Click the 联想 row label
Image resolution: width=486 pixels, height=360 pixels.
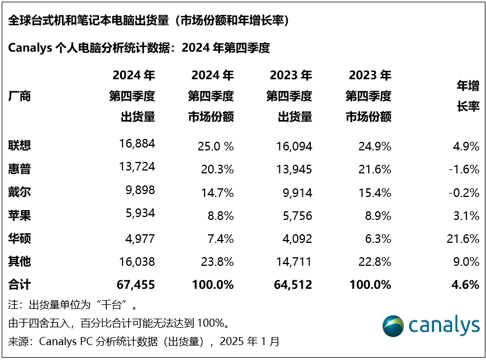click(x=20, y=146)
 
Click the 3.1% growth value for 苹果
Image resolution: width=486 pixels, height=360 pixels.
click(x=466, y=215)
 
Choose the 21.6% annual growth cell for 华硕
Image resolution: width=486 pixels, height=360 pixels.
click(x=464, y=238)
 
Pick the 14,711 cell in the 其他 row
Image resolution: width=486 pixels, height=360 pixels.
click(x=293, y=261)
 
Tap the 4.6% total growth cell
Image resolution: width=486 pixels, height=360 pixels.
click(x=466, y=284)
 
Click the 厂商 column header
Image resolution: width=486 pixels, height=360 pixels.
click(x=20, y=96)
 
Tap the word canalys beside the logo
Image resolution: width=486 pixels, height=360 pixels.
click(x=443, y=326)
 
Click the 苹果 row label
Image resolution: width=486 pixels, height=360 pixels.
click(x=20, y=215)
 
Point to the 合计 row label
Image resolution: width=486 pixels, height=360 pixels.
click(x=20, y=284)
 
